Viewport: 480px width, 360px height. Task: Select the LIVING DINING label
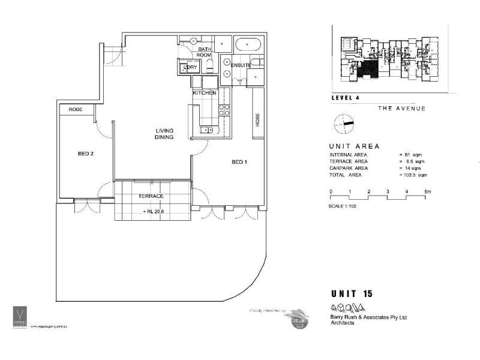(164, 133)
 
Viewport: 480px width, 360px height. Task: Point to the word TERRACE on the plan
(151, 196)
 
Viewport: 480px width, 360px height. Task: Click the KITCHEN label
(204, 93)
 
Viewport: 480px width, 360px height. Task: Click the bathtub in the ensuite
(248, 45)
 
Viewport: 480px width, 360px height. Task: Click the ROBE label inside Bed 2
(75, 109)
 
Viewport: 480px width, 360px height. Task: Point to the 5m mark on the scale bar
(426, 191)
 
